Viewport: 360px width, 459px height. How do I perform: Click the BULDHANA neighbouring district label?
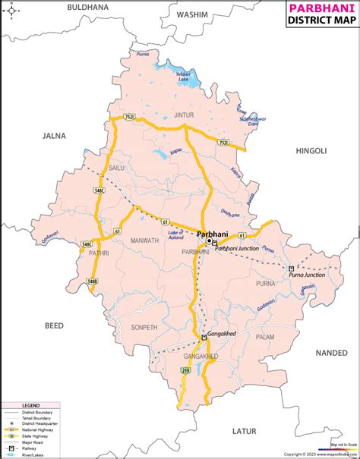pos(88,7)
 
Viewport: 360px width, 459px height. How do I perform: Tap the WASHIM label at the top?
pos(193,15)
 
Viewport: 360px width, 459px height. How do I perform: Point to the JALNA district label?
pos(55,136)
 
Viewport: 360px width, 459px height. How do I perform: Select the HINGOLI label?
pos(311,152)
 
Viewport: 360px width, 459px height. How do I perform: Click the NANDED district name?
pos(331,353)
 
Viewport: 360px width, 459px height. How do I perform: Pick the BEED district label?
pos(54,325)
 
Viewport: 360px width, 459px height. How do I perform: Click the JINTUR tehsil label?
pos(185,115)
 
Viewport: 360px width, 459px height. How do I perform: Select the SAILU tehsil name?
pos(116,166)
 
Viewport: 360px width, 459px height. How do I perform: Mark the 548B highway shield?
pos(92,281)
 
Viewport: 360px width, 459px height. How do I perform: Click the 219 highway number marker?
pos(186,370)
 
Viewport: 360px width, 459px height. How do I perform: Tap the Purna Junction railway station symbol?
pos(291,268)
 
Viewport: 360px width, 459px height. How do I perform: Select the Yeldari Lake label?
pos(182,75)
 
